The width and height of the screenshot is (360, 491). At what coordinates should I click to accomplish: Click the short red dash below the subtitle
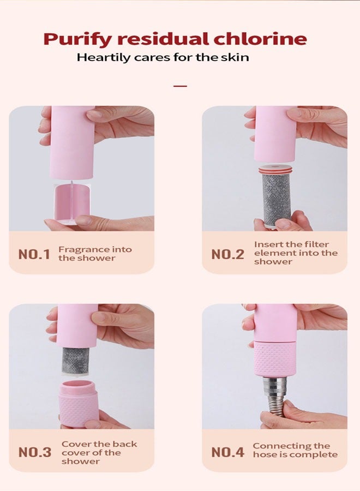coord(180,86)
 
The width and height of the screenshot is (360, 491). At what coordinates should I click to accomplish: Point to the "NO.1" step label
coord(34,254)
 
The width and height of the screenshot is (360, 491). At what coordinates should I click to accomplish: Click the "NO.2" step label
coord(227,254)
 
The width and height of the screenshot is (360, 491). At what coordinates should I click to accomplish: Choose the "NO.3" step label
coord(35,452)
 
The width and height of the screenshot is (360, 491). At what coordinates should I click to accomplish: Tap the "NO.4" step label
coord(227,452)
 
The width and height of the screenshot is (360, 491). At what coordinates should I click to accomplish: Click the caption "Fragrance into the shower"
coord(95,254)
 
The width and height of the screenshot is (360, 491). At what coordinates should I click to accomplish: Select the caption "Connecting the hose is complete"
coord(295,451)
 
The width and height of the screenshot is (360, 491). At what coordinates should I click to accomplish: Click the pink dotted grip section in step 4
coord(275,358)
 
